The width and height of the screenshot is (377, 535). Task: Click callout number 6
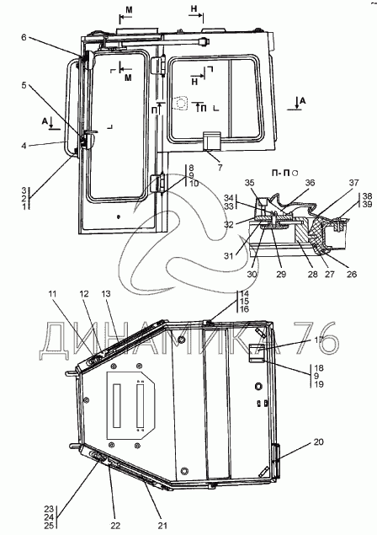24,37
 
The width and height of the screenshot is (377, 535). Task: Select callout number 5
24,85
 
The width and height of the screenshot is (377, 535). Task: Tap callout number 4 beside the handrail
24,146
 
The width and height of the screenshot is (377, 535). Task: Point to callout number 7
220,167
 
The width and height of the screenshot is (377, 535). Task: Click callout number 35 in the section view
250,183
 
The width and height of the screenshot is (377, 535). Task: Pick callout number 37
354,183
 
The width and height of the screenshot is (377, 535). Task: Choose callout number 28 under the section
312,274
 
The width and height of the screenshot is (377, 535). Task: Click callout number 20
318,441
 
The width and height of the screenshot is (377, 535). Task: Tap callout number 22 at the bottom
115,526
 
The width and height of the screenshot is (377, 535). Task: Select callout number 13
106,294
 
